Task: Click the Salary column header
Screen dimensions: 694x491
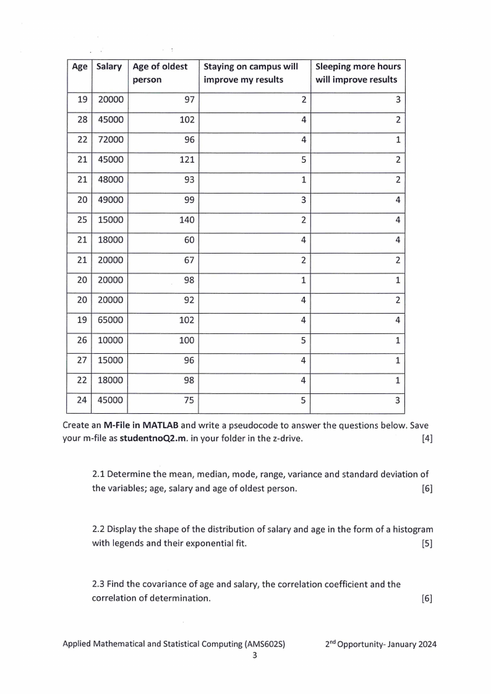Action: pos(109,67)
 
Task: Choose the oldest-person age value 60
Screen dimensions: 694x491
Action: pos(189,240)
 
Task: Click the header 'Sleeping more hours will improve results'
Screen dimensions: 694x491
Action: pos(358,73)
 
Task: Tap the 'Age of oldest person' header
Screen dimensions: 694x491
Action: pos(160,73)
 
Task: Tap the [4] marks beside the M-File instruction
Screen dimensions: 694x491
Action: pos(426,439)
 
